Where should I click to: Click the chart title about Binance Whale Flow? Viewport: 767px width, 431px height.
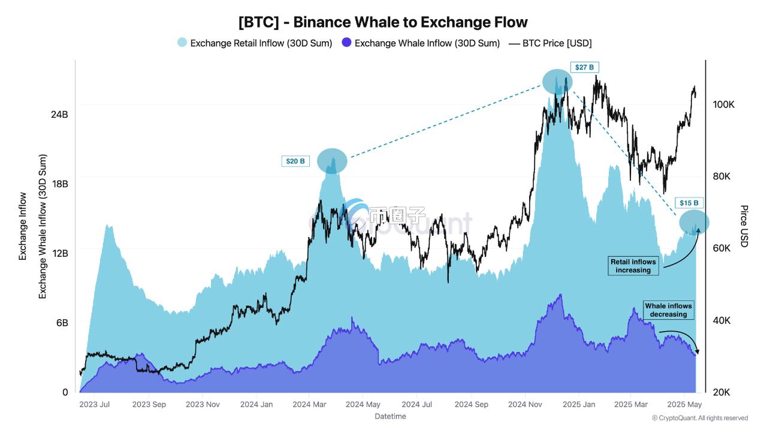pos(383,22)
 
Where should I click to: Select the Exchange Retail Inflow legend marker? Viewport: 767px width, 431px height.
pos(182,43)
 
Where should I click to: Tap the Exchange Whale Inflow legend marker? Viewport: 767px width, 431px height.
pos(346,43)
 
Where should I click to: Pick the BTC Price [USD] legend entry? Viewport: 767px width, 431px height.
pos(550,43)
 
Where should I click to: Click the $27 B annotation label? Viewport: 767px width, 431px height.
pos(585,68)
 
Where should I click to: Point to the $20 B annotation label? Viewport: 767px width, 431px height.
pos(295,161)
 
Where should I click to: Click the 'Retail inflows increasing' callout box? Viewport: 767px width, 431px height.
pos(633,266)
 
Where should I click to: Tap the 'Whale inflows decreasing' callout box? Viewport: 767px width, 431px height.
pos(668,310)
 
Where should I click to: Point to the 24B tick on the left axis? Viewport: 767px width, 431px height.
pos(59,114)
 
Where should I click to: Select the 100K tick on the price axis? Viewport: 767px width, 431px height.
pos(723,105)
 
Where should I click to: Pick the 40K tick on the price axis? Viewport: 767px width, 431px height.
pos(723,321)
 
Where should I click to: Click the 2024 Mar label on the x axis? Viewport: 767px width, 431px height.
pos(309,405)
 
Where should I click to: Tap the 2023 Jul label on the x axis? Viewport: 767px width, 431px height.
pos(95,405)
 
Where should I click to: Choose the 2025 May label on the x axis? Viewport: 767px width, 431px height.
pos(686,405)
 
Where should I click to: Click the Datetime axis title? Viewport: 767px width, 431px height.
pos(390,416)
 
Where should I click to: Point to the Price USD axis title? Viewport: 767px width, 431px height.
pos(744,226)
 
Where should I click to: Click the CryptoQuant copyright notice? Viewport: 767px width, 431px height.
pos(699,418)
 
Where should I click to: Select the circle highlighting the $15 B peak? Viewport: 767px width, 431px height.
pos(694,223)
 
